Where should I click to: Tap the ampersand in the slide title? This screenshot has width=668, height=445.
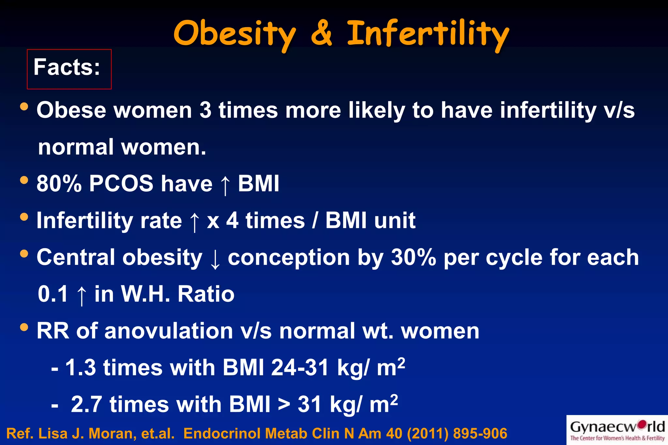tap(321, 33)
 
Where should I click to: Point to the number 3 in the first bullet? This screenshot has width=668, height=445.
tap(205, 110)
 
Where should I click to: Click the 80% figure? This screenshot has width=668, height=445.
tap(59, 184)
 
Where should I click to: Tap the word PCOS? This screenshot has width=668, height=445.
tap(121, 184)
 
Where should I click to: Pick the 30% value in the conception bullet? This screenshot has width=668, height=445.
tap(413, 257)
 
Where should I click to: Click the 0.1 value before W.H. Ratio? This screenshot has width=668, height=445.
tap(53, 294)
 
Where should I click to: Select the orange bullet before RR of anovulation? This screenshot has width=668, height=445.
tap(24, 327)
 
